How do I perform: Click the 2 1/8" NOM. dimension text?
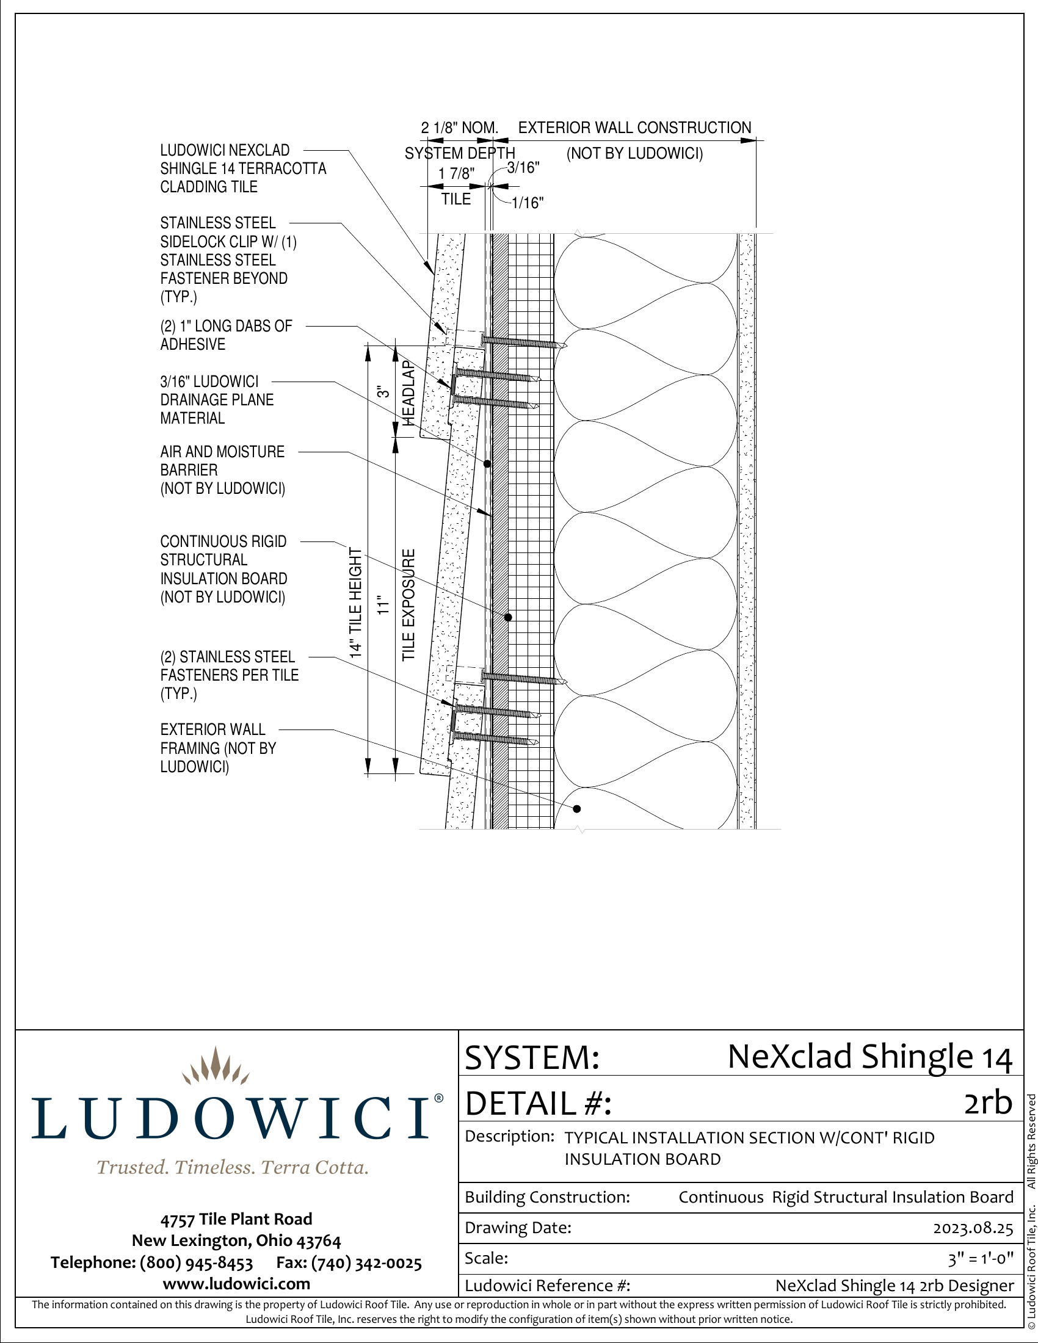coord(459,128)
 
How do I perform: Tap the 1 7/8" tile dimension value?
coord(456,174)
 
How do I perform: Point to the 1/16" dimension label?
coord(528,203)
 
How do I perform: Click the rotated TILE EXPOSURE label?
coord(409,605)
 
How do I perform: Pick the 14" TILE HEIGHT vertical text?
coord(355,603)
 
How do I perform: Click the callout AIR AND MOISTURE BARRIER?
coord(223,470)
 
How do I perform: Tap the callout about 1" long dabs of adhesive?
coord(227,335)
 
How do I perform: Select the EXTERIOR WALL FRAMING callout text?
coord(219,748)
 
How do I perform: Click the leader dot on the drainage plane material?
coord(487,464)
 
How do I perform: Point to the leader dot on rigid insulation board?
coord(508,617)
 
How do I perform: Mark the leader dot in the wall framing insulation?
coord(577,809)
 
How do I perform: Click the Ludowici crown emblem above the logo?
coord(216,1065)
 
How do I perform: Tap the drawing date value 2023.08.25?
coord(973,1228)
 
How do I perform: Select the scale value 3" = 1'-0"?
coord(981,1259)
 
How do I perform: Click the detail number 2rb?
coord(988,1102)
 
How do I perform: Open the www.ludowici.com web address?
coord(237,1284)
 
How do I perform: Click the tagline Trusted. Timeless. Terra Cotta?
coord(233,1167)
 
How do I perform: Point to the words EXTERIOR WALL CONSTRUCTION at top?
coord(634,128)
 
